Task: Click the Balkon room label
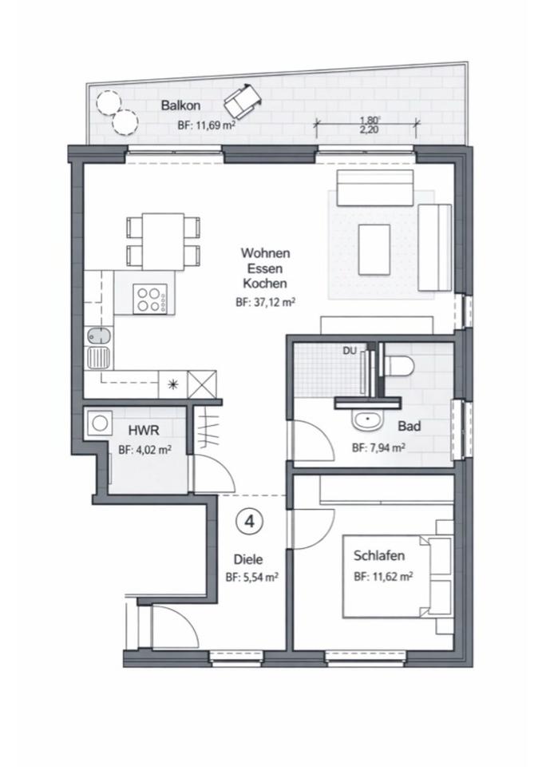click(x=180, y=105)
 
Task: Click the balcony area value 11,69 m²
click(x=206, y=125)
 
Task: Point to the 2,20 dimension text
click(x=369, y=129)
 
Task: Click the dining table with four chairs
click(x=162, y=241)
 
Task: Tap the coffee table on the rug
click(x=374, y=249)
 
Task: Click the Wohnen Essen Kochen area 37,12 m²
click(x=266, y=302)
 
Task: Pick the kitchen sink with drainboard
click(x=98, y=349)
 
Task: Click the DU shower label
click(x=350, y=350)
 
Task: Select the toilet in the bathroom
click(x=397, y=365)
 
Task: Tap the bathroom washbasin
click(x=368, y=418)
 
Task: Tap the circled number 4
click(x=249, y=522)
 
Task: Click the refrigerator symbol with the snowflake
click(x=172, y=383)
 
